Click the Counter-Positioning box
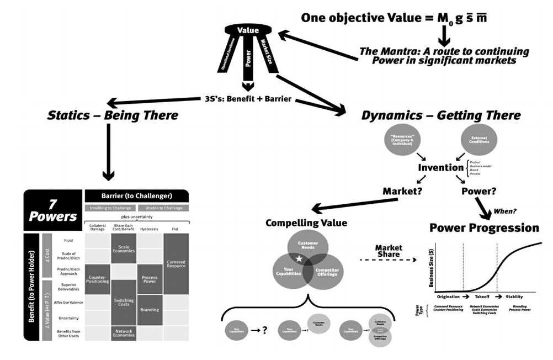tap(97, 279)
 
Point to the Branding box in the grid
tap(150, 309)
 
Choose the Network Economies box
tap(124, 333)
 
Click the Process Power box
tap(150, 279)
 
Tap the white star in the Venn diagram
tap(299, 258)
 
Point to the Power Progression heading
tap(484, 227)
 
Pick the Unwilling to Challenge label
tap(109, 208)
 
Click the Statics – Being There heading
tap(113, 115)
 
